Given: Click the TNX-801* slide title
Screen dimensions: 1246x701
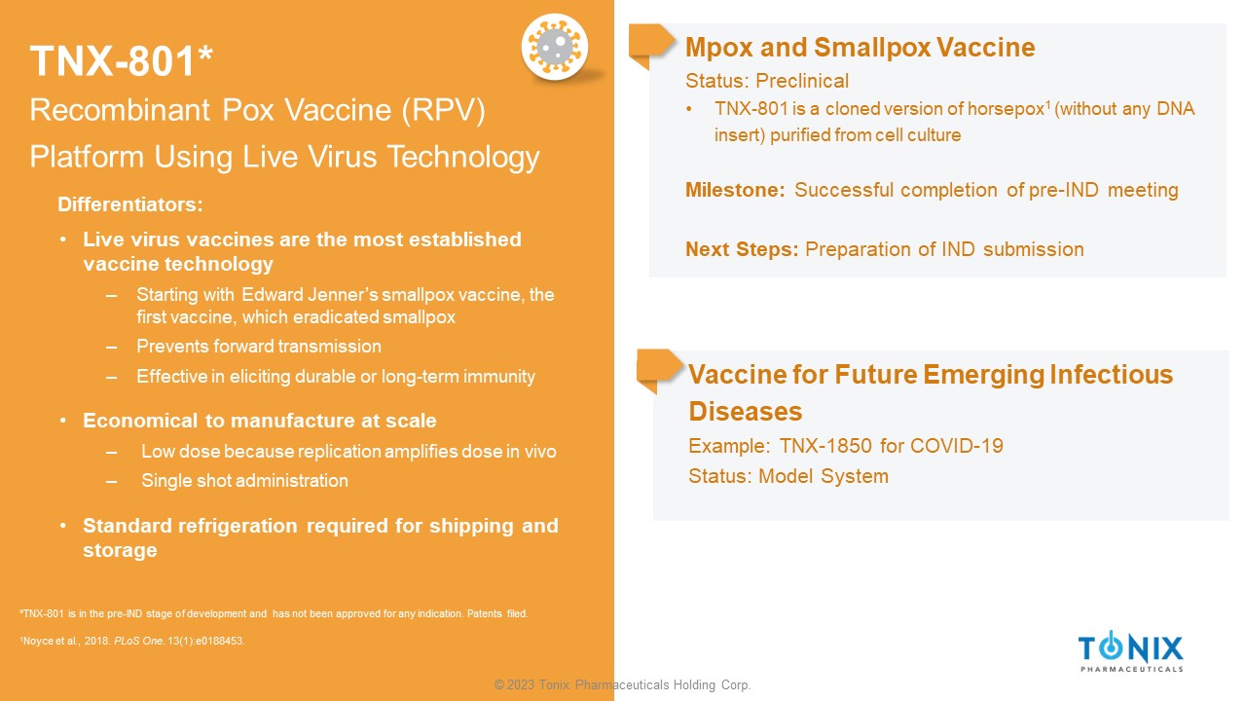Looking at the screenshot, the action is click(122, 60).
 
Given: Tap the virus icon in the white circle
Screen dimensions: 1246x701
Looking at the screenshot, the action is click(555, 46).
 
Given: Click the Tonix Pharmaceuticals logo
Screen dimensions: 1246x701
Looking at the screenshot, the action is click(1131, 651).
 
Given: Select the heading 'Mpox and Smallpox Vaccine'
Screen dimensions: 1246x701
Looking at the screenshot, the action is click(860, 48).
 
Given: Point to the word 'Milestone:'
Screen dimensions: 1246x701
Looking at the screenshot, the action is click(735, 190).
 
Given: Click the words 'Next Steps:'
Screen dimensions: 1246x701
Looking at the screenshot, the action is click(742, 249).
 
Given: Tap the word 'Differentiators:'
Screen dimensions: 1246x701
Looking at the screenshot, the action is click(130, 204).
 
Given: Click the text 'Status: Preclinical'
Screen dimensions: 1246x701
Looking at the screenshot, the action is click(767, 81).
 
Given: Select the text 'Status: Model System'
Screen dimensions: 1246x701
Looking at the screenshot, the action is click(788, 476).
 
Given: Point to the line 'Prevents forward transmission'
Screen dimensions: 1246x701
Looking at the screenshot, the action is click(259, 347).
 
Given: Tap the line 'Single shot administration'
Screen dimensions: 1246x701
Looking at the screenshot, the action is click(244, 481).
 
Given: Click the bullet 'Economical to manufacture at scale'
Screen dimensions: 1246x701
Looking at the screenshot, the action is click(260, 421).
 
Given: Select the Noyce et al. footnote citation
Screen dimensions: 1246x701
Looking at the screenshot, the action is click(132, 641).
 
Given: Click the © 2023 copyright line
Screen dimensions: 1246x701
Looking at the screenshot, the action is click(622, 684).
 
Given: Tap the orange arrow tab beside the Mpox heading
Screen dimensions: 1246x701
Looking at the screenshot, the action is click(652, 45).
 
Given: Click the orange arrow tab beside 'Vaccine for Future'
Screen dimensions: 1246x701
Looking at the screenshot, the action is click(660, 370).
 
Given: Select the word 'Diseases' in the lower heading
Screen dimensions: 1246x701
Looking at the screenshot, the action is click(746, 412).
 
